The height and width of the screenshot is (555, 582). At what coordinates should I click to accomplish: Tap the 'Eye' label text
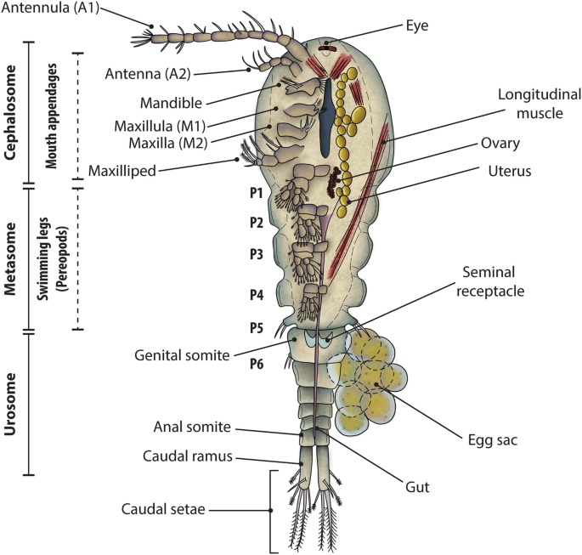415,25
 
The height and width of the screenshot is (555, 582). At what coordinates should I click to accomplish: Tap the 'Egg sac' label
494,440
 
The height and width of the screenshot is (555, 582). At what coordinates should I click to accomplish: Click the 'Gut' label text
417,487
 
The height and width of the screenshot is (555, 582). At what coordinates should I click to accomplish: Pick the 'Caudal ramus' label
188,457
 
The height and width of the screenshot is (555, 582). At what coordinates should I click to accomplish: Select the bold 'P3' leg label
255,254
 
